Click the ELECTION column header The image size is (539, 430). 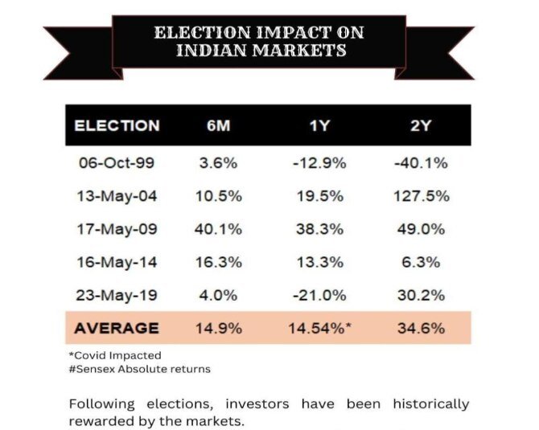tap(117, 125)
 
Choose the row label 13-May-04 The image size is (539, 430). tap(117, 196)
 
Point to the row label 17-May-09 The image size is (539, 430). tap(117, 229)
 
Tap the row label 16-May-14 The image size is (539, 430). tap(117, 262)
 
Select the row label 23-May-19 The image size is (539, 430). tap(117, 295)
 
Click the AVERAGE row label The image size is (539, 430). tap(117, 328)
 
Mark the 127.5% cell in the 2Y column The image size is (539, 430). tap(422, 196)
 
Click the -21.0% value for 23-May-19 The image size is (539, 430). tap(319, 295)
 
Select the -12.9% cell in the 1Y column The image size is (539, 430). tap(319, 163)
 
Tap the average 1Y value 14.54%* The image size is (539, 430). tap(319, 328)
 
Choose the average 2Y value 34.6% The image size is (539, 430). tap(422, 328)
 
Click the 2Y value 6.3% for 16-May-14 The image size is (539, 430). tap(422, 262)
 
